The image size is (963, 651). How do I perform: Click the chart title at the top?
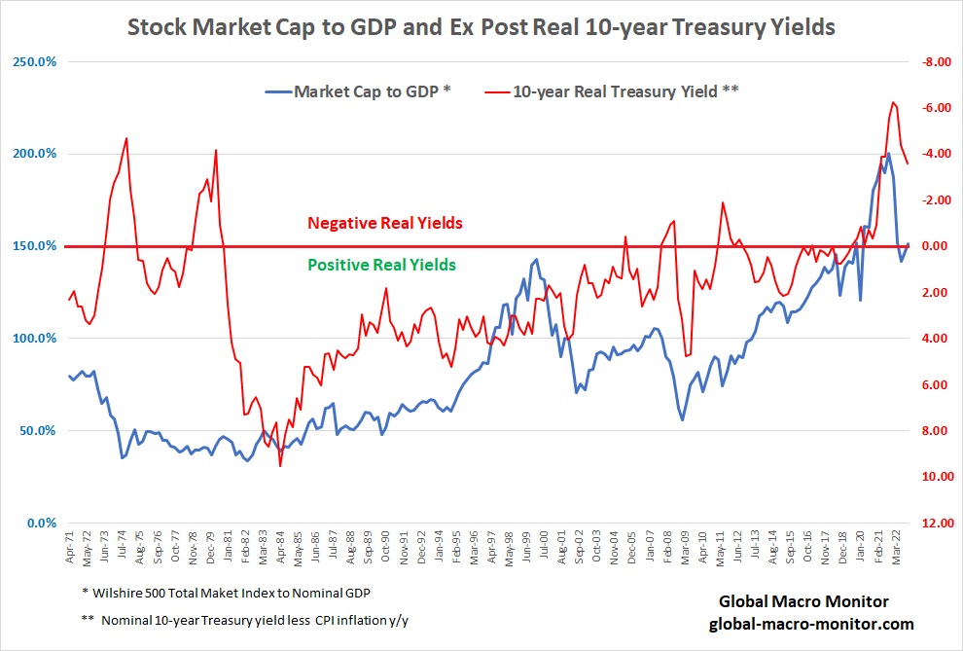[x=481, y=26]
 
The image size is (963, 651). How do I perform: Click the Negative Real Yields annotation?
[x=385, y=223]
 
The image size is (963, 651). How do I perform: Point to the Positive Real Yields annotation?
[x=381, y=265]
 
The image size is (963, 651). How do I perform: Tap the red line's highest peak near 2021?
[x=892, y=101]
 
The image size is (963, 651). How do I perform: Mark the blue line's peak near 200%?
[x=888, y=153]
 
